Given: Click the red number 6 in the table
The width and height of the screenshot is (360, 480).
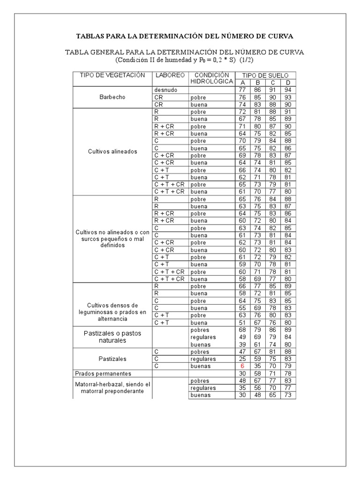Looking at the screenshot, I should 242,366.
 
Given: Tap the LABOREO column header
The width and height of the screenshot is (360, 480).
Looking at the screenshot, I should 169,75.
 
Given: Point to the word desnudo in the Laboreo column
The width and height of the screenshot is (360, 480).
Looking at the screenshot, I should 165,90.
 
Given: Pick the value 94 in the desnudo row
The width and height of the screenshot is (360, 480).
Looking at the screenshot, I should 288,90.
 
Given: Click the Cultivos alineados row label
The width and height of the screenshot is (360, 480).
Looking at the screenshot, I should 112,151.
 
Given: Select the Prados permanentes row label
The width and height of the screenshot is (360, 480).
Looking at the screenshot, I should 102,374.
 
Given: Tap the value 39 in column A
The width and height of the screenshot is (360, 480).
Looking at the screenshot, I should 242,345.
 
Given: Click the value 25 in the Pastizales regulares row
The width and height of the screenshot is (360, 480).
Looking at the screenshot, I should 242,359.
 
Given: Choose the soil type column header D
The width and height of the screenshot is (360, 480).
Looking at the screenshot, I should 288,82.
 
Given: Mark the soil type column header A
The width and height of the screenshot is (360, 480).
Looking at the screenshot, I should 242,82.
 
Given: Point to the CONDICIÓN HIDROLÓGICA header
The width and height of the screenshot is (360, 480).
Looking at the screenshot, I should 211,78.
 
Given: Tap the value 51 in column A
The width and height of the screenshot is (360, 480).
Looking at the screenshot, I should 242,323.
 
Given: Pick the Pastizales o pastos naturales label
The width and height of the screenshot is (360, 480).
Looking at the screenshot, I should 112,337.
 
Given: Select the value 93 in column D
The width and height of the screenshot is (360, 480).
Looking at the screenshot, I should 288,97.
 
